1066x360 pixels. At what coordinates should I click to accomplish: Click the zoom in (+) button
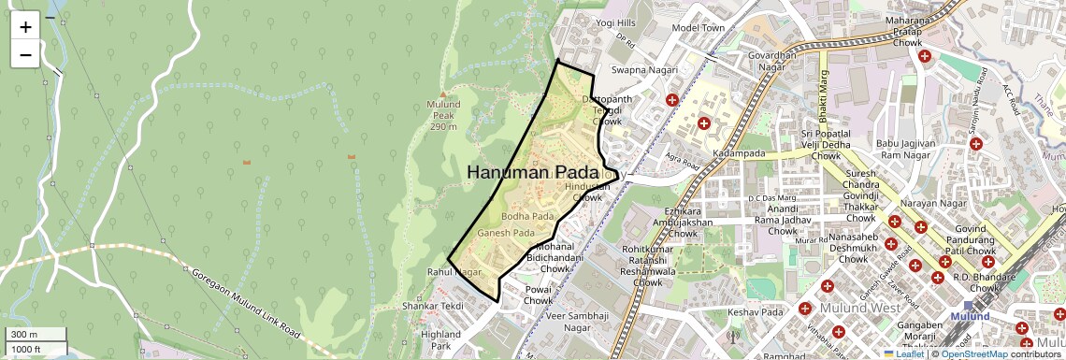[25, 27]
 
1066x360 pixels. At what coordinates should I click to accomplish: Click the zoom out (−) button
[25, 54]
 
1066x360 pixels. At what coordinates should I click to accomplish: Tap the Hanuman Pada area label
[532, 172]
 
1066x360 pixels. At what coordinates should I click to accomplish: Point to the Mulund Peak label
[443, 115]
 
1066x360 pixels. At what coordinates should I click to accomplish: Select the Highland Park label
[440, 339]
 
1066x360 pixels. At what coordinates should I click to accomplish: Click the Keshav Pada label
[755, 311]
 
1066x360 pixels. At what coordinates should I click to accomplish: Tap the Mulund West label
[859, 308]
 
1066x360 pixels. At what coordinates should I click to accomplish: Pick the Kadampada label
[739, 153]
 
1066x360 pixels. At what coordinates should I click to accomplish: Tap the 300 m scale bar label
[25, 335]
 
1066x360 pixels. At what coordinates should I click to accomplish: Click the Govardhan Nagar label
[771, 61]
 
